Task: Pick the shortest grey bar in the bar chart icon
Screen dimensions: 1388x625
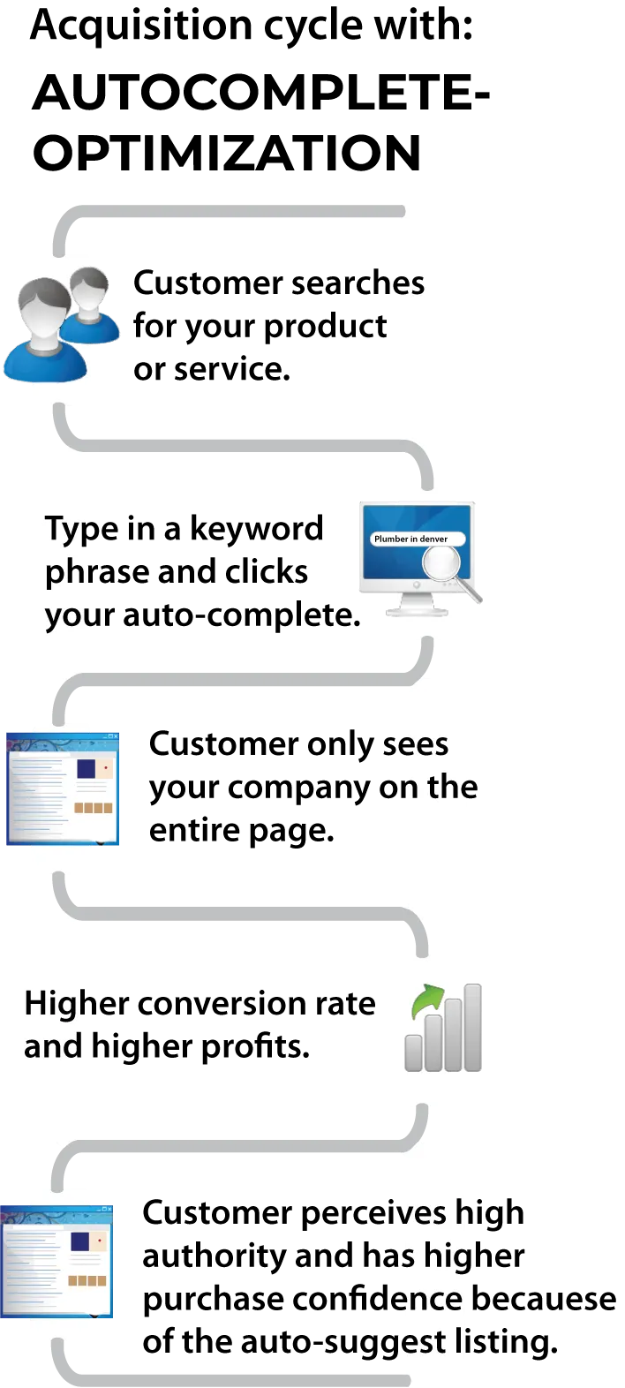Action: tap(413, 1052)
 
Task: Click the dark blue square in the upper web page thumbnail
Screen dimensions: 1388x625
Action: tap(86, 769)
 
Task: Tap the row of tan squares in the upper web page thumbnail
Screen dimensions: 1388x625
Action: tap(93, 808)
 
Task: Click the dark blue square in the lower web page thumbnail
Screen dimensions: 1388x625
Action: tap(79, 1242)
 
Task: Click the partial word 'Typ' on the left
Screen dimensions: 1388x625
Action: tap(63, 529)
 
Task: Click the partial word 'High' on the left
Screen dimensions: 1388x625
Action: tap(53, 1004)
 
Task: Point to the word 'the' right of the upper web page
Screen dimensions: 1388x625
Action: tap(451, 787)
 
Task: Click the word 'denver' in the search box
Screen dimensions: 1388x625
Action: tap(432, 539)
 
